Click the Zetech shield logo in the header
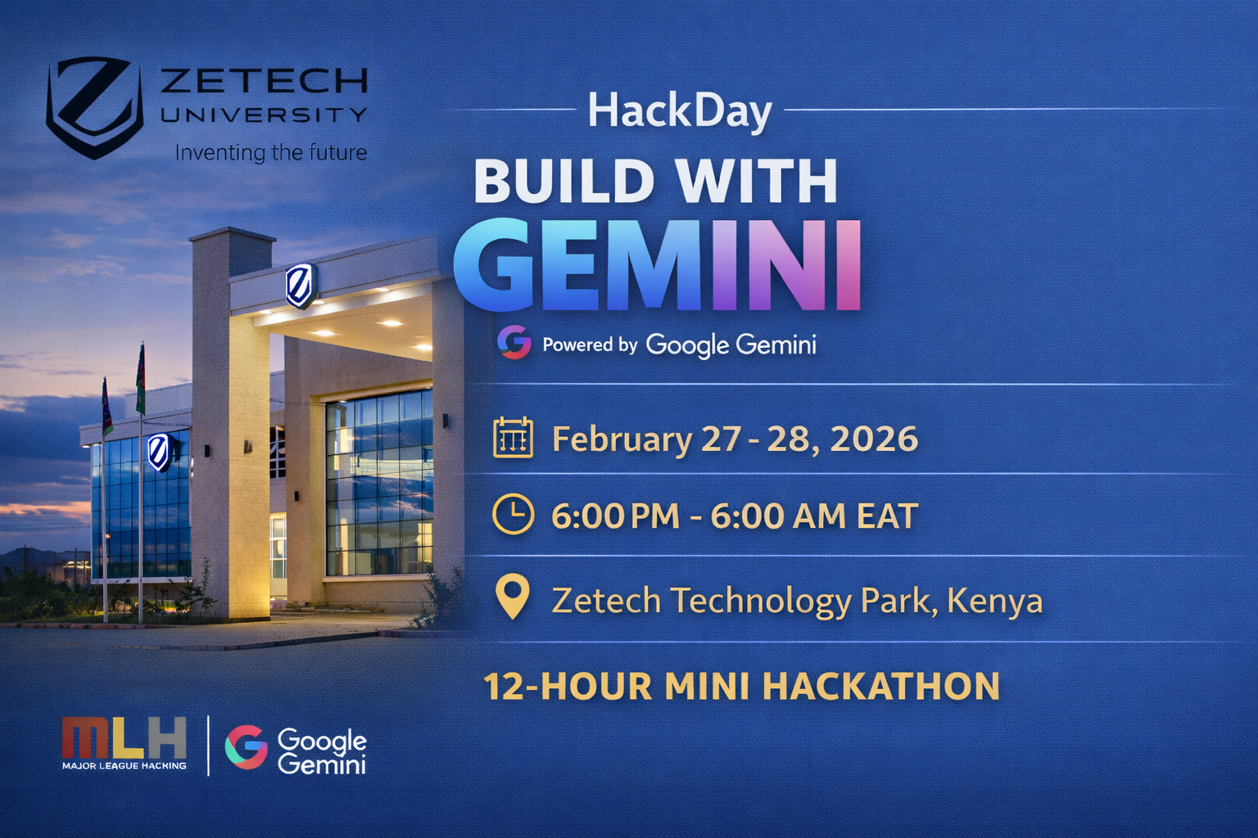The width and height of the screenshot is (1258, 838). point(95,107)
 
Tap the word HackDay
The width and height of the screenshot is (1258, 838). point(680,111)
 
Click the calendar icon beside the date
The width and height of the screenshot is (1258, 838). point(513,438)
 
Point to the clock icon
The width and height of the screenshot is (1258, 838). point(513,514)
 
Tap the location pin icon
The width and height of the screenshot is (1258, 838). point(513,597)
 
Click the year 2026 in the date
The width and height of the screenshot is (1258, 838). point(874,439)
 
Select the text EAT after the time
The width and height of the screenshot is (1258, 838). point(887,516)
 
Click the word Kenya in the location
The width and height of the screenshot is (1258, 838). point(994,601)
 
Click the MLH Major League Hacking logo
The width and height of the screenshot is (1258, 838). point(124,743)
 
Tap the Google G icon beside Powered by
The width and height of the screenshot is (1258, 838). point(514,342)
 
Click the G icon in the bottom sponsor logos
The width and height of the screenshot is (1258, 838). point(246,747)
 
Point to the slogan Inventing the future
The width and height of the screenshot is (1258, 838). point(271,153)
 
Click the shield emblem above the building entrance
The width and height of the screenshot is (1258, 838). point(301,286)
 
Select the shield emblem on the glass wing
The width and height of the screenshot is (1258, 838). point(160,453)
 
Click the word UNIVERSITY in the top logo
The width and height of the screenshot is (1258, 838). point(264,115)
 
